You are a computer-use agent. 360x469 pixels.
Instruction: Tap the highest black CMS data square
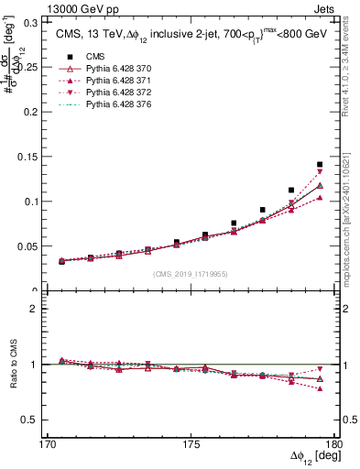tap(320, 165)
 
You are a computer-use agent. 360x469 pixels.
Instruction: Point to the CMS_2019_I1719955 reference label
tap(190, 272)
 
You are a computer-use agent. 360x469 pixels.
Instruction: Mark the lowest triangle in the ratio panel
tap(320, 389)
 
